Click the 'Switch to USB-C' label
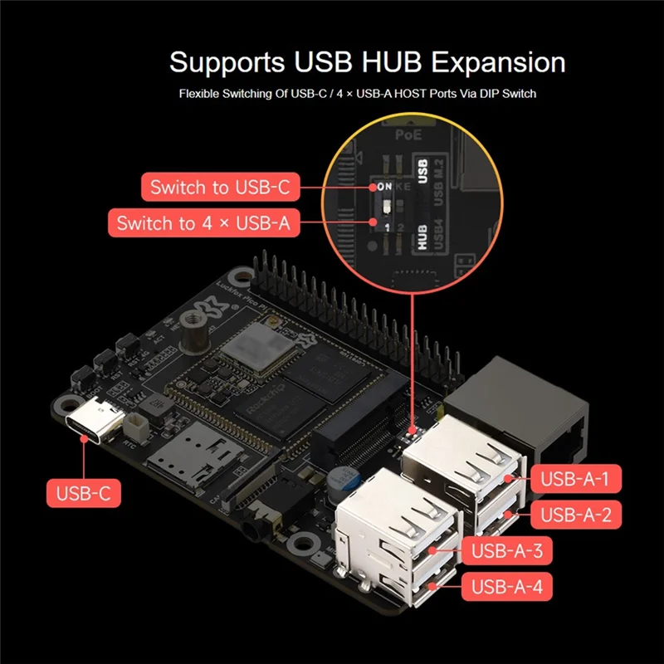pyautogui.click(x=220, y=188)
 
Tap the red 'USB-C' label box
pyautogui.click(x=84, y=495)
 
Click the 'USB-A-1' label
pyautogui.click(x=575, y=479)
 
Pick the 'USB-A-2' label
pyautogui.click(x=575, y=515)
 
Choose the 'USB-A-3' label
pyautogui.click(x=506, y=550)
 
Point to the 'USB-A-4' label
pyautogui.click(x=506, y=588)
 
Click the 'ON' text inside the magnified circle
pyautogui.click(x=383, y=187)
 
